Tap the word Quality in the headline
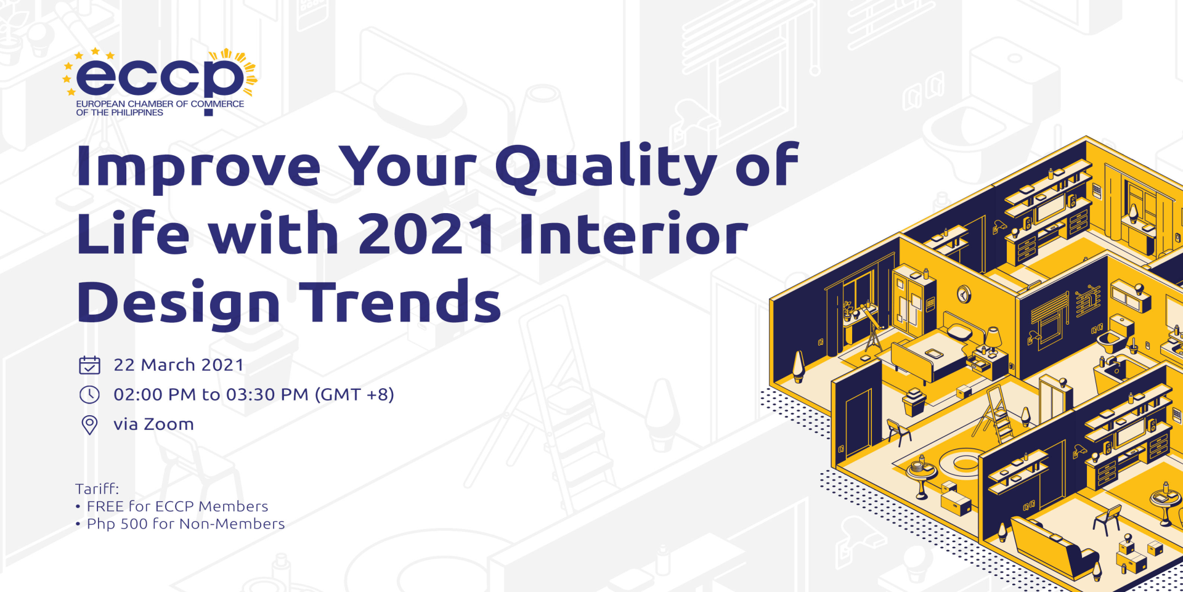(606, 166)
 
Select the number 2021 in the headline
(427, 233)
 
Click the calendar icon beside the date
(89, 365)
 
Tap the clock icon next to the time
(89, 394)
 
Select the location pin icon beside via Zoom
(89, 424)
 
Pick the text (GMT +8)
(354, 394)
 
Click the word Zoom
(169, 424)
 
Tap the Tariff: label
(97, 489)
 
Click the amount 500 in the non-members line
(134, 524)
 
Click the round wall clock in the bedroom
(964, 294)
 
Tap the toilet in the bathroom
(1116, 333)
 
